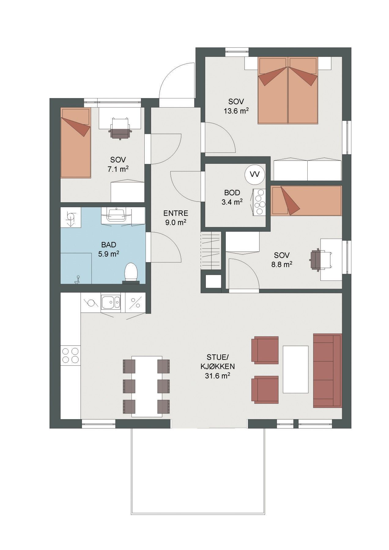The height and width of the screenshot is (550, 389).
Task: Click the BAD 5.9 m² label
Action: (x=109, y=249)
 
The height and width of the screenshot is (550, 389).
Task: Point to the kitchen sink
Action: (x=111, y=302)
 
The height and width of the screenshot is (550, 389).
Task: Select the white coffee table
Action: (x=295, y=369)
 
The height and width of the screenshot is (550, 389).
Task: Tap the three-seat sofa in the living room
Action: (x=327, y=370)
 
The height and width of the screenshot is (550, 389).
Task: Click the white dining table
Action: (x=146, y=386)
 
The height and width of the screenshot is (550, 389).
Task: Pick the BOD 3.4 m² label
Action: (x=233, y=197)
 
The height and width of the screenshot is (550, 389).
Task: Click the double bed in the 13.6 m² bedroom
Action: (x=288, y=90)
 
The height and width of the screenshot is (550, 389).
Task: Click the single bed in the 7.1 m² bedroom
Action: (x=76, y=142)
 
